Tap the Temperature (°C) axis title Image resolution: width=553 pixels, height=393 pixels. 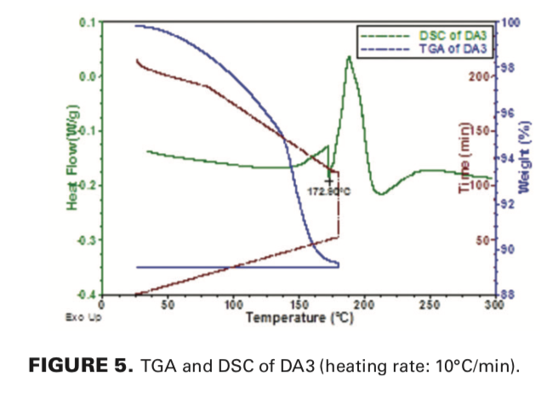point(299,317)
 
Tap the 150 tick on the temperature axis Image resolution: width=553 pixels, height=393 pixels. point(299,305)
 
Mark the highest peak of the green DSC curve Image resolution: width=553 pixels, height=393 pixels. point(349,57)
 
